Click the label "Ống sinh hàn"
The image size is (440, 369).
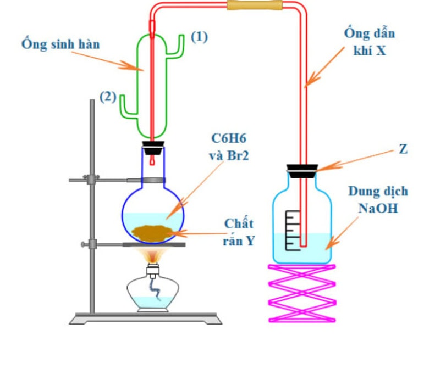[61, 43]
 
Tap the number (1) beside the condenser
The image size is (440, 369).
[199, 37]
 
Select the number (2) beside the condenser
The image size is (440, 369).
[107, 97]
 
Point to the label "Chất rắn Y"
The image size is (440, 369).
[239, 232]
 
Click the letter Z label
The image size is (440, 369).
[403, 149]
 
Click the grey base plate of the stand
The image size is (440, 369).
[146, 318]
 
